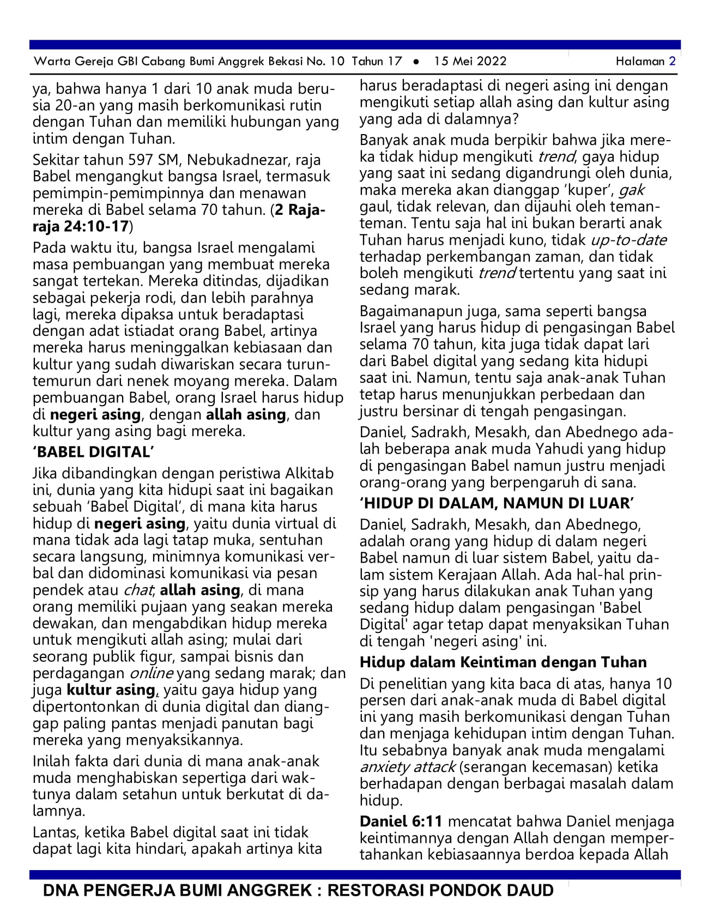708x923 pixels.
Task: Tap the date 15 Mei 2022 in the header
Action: [x=470, y=61]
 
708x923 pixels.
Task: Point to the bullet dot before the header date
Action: [x=416, y=62]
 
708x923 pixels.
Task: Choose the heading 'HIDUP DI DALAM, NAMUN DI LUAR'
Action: [x=496, y=503]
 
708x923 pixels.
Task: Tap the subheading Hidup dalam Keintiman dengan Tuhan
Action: [x=503, y=662]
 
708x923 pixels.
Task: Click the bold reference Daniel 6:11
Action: [x=401, y=821]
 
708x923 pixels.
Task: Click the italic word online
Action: [x=151, y=673]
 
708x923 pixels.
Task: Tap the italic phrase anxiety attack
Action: [x=407, y=767]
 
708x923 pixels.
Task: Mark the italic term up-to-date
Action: [x=628, y=240]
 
